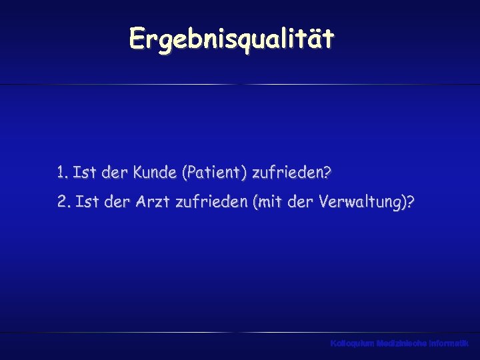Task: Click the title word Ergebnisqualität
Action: tap(231, 39)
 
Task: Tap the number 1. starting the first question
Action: tap(63, 173)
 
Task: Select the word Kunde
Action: tap(154, 173)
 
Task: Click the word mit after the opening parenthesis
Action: tap(269, 201)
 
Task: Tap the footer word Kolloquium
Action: tap(352, 343)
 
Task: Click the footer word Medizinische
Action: tap(403, 343)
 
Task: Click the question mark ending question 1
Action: tap(327, 173)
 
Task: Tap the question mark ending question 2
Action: tap(409, 201)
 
